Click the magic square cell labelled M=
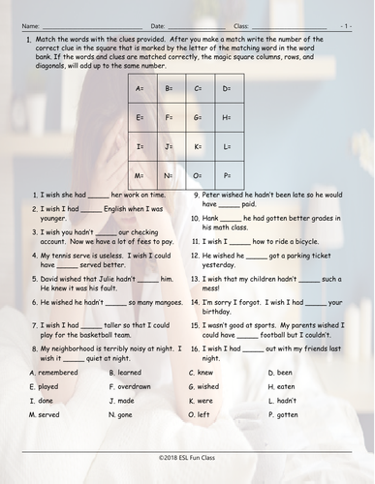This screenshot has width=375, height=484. coord(141,176)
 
